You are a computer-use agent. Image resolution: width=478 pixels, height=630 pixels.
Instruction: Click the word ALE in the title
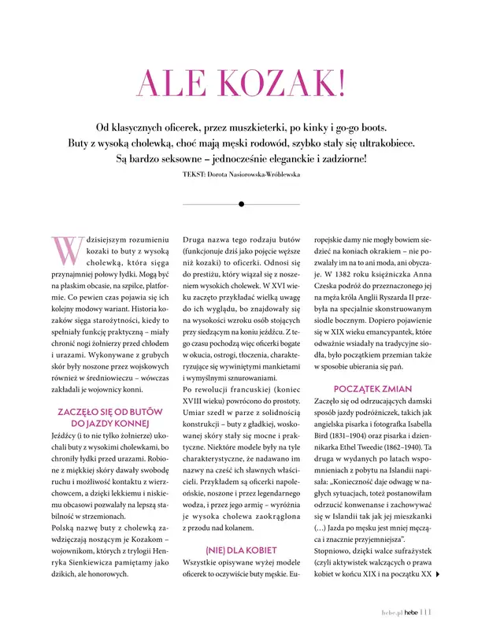pyautogui.click(x=170, y=84)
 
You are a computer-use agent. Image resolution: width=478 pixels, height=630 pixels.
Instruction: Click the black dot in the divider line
pyautogui.click(x=240, y=203)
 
